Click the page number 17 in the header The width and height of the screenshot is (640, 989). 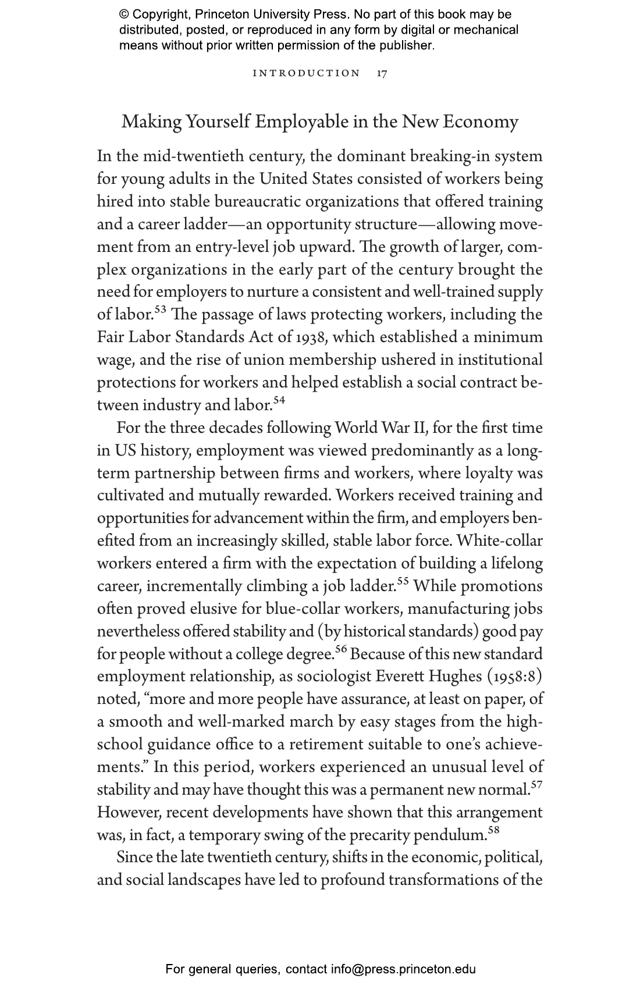(382, 73)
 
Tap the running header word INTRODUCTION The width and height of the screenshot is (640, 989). (307, 73)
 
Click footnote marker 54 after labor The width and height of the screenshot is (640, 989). (279, 400)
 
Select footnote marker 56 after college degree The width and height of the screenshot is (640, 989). (342, 649)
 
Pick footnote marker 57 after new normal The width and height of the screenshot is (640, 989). (536, 785)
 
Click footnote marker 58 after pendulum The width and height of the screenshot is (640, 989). (493, 830)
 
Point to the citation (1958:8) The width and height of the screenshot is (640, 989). (514, 677)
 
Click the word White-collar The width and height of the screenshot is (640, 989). (500, 541)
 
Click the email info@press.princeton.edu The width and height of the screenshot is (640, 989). (403, 969)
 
